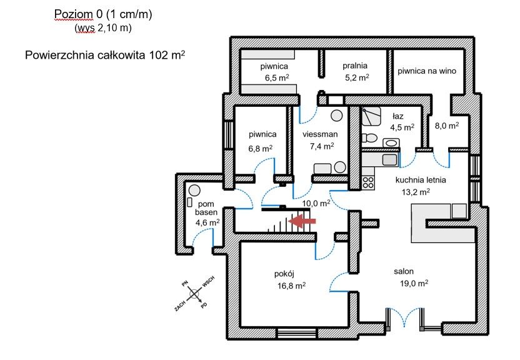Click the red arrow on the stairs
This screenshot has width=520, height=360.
coord(304,220)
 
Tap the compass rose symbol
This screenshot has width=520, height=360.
coord(194,292)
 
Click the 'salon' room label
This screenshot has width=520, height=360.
coord(404,271)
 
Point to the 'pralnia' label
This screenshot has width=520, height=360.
coord(355,65)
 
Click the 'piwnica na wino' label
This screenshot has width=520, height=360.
coord(427,71)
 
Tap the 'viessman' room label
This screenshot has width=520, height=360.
coord(320,134)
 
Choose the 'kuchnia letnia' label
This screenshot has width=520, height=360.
coord(421,179)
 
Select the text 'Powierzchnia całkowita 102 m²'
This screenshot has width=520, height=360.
coord(104,55)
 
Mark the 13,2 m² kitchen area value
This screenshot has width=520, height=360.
coord(415,192)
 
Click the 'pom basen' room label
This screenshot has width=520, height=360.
coord(206,208)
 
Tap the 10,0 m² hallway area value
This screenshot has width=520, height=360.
coord(315,203)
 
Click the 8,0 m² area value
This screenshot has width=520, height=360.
coord(446,125)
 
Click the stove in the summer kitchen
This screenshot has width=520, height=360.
coord(368,182)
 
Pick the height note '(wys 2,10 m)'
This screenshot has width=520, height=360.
coord(103,27)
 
